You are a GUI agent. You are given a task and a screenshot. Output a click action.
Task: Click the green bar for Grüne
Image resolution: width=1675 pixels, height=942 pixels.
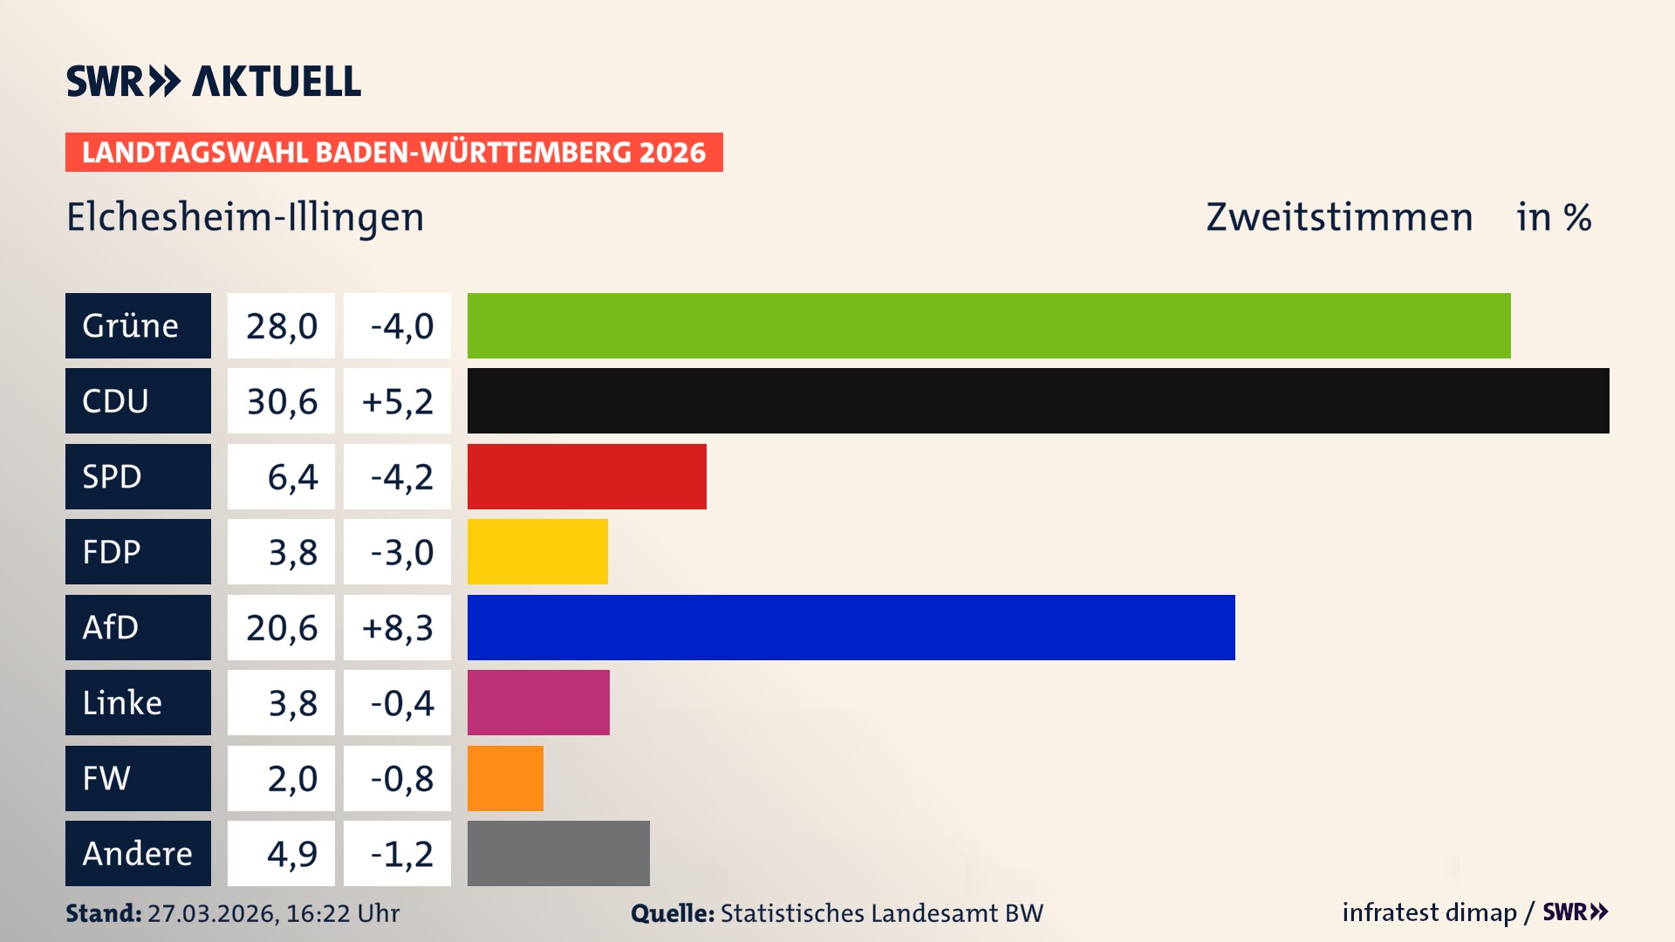(x=988, y=325)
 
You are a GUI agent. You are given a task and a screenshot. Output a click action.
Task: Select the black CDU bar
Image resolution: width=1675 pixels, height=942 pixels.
(x=1038, y=401)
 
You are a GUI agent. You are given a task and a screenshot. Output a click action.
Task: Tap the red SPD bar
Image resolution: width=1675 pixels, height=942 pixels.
(x=586, y=476)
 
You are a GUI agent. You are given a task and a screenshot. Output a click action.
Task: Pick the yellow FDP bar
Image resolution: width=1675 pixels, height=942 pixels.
(x=537, y=551)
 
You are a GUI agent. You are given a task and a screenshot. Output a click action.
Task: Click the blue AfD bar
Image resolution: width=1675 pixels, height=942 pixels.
(x=851, y=627)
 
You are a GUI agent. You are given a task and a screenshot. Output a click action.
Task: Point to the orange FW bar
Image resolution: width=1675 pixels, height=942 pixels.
(x=505, y=778)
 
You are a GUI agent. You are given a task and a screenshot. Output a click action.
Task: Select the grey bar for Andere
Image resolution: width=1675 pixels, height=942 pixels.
(x=558, y=853)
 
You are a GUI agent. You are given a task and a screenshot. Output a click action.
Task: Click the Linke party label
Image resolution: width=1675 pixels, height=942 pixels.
(x=122, y=703)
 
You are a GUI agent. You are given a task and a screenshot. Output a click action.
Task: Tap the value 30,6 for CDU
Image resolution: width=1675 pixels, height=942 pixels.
(x=282, y=401)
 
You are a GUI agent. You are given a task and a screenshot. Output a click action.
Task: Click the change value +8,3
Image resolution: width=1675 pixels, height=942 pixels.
(x=398, y=628)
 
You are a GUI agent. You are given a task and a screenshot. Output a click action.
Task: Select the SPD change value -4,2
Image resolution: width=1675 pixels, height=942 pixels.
(x=401, y=477)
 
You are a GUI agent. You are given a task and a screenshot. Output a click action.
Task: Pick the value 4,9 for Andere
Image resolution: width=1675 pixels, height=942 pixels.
(x=291, y=854)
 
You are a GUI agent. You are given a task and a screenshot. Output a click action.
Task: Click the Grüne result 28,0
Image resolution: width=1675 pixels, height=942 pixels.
(x=282, y=326)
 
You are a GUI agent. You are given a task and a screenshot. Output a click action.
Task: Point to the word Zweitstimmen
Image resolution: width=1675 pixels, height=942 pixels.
(x=1339, y=217)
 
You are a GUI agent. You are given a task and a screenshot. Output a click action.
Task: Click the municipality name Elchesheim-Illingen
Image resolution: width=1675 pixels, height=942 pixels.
(x=245, y=217)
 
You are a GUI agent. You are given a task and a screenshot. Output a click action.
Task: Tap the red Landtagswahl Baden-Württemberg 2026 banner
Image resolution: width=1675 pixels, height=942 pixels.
(x=393, y=153)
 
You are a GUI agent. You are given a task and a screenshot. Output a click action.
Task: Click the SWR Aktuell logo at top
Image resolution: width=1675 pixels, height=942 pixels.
(x=214, y=81)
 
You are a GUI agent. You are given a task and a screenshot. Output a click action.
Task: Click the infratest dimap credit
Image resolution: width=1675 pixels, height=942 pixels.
(x=1429, y=912)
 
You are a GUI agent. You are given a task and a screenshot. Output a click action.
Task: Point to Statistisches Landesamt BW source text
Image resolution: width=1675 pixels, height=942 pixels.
(x=881, y=913)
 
